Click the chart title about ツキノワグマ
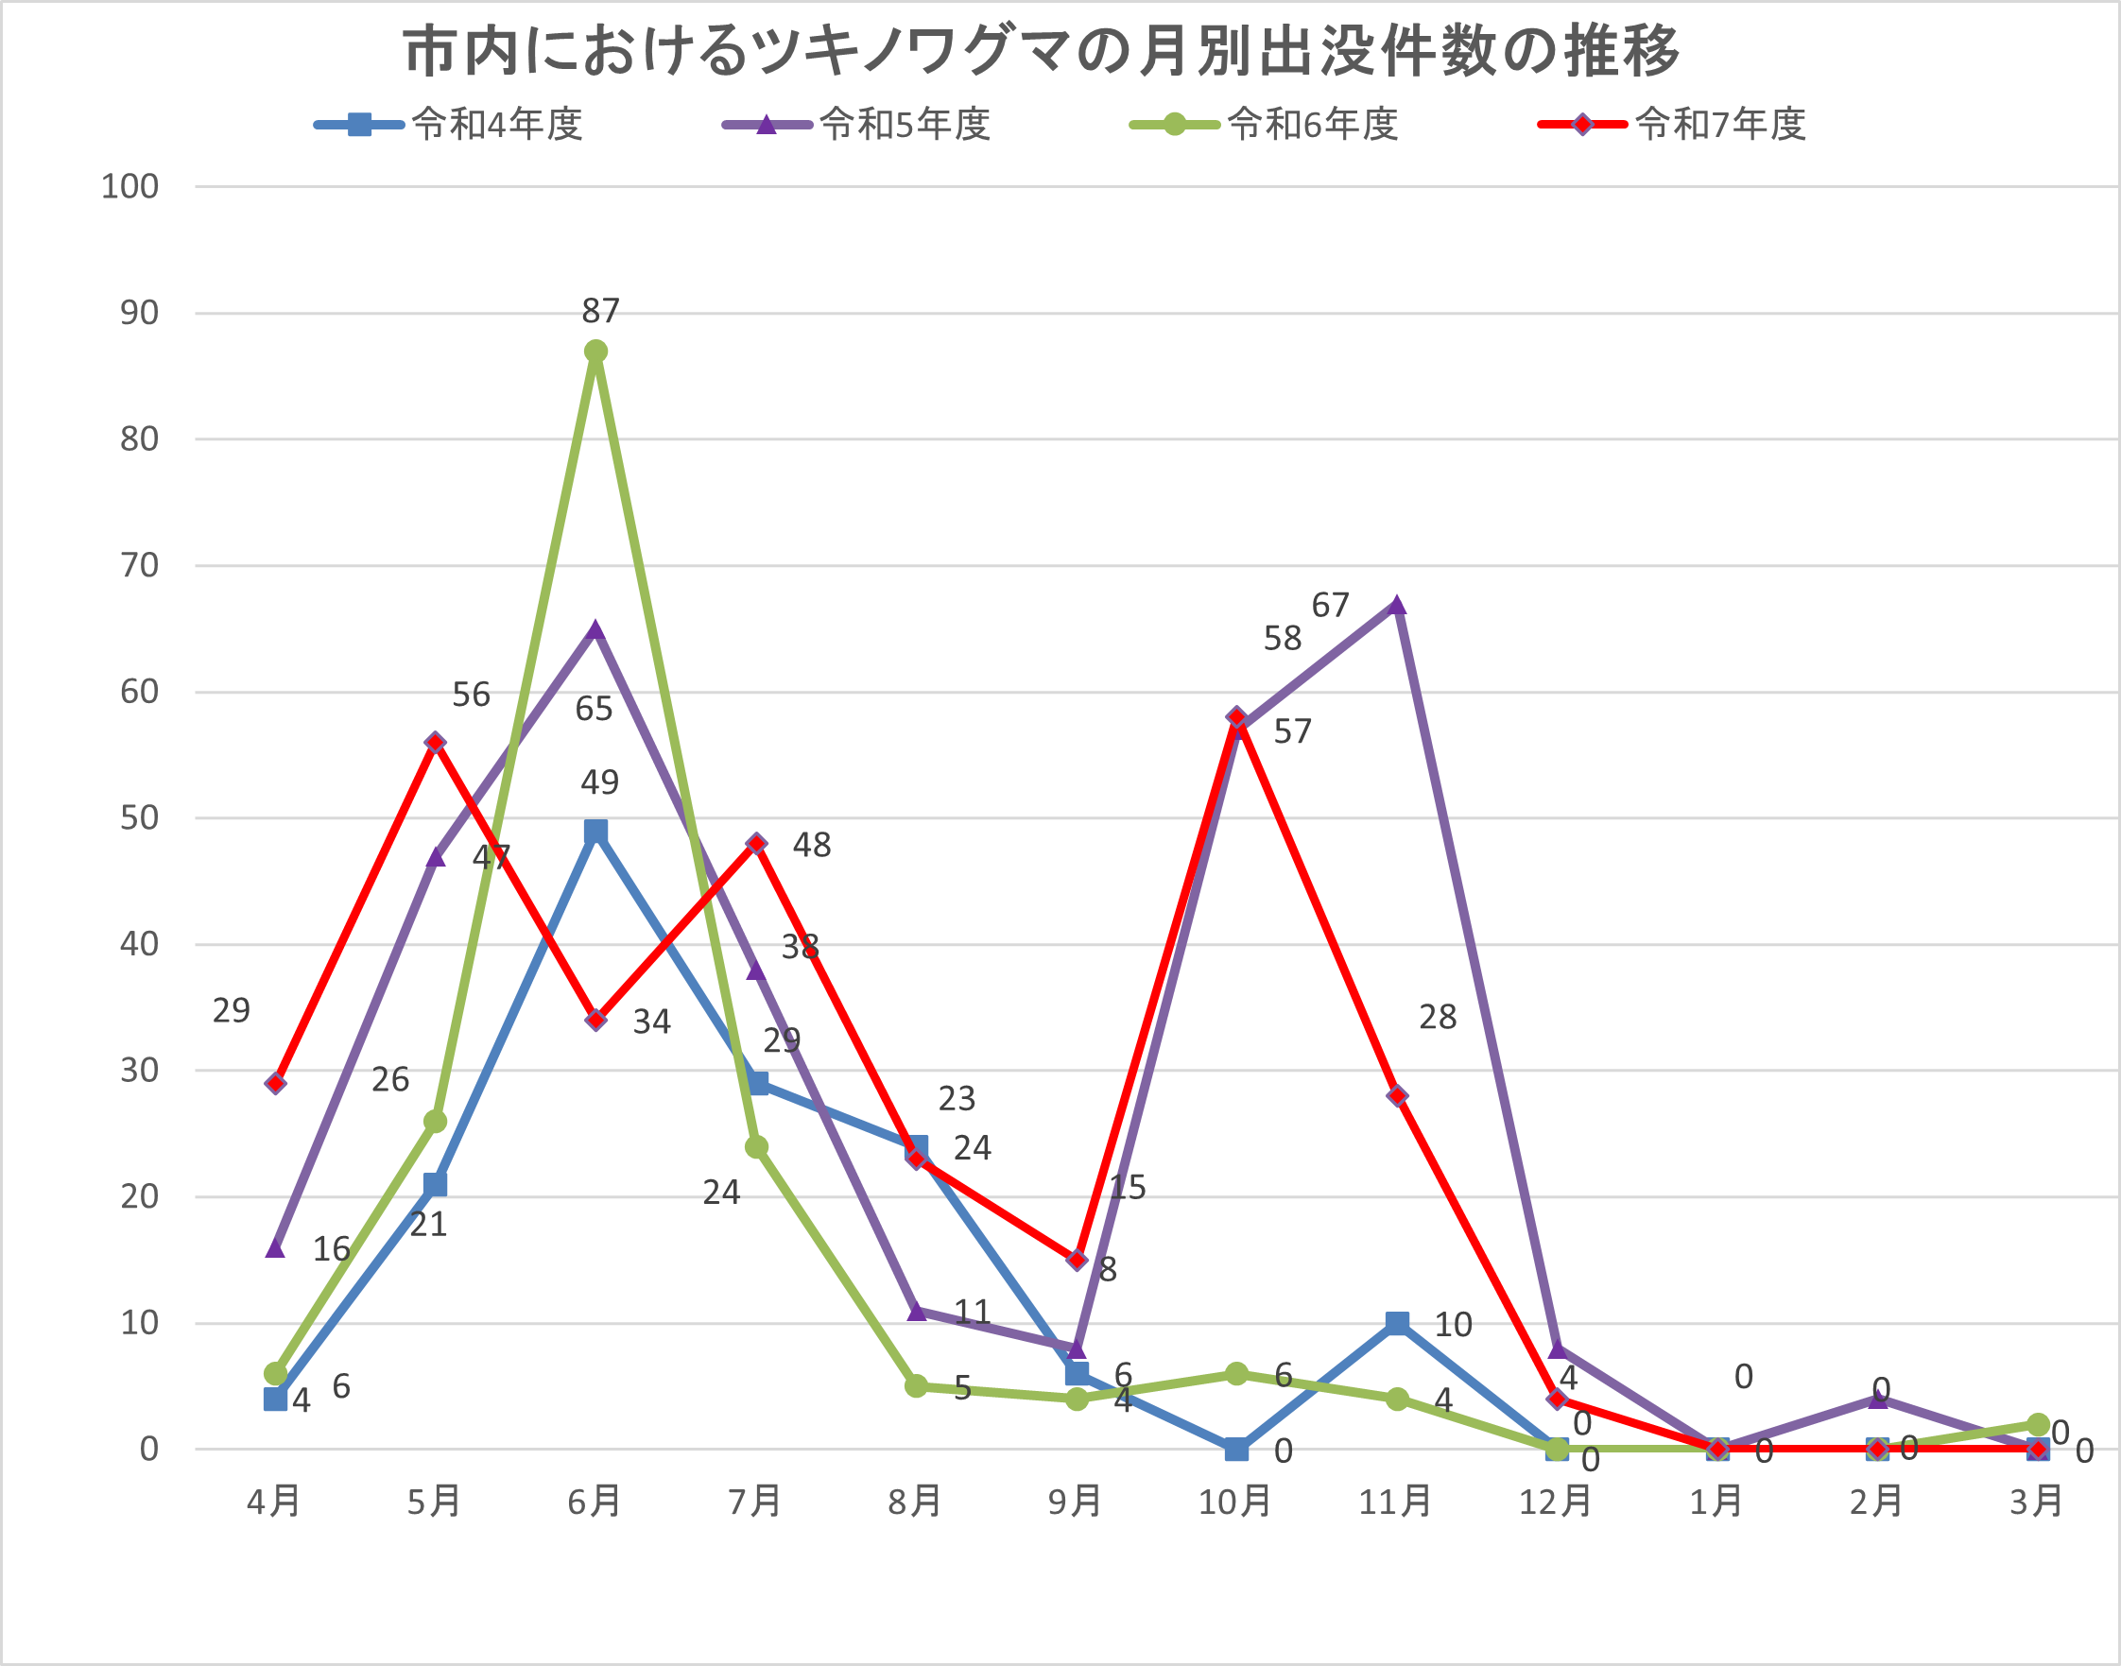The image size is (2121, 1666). point(1041,51)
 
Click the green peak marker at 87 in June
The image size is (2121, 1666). point(596,352)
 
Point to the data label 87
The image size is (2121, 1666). point(600,311)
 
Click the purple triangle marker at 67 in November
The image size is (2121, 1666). point(1397,605)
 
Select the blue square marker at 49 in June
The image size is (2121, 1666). point(596,831)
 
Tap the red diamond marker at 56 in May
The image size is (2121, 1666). point(436,743)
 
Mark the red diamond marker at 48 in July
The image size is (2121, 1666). point(757,843)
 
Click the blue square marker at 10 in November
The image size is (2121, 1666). point(1397,1323)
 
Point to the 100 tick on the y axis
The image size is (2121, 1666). point(129,186)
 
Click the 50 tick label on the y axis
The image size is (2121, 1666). point(139,818)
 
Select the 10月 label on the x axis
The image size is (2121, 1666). point(1235,1502)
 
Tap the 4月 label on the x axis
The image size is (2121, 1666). point(274,1502)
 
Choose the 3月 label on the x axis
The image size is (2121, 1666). point(2037,1502)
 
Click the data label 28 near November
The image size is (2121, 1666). point(1437,1018)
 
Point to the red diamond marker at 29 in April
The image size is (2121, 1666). point(276,1083)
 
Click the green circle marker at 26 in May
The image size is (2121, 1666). point(436,1121)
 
